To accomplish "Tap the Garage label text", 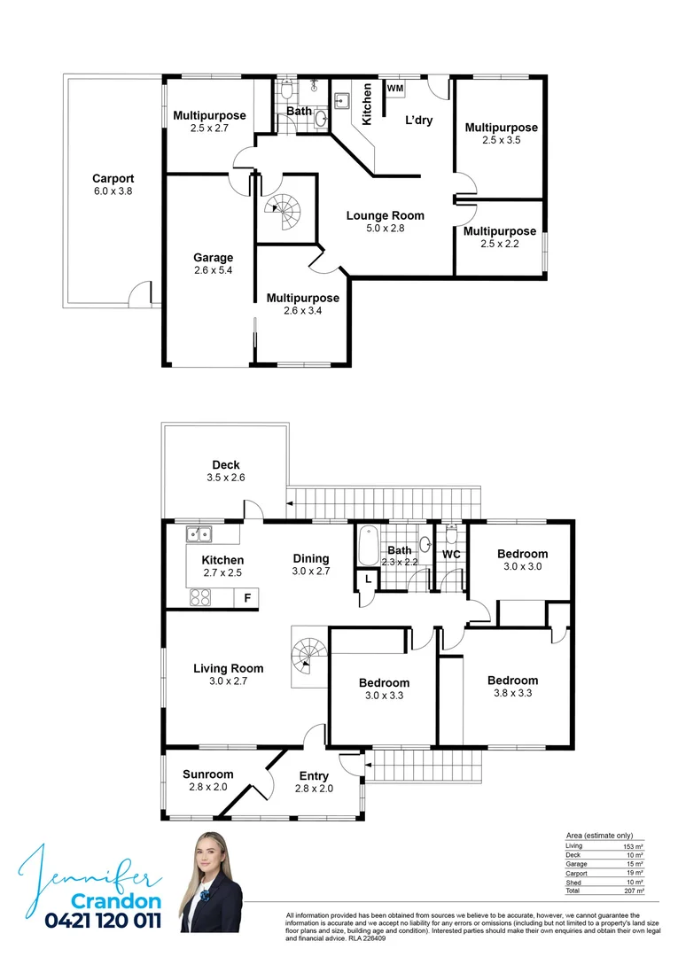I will tap(213, 258).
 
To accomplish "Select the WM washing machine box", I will tap(394, 89).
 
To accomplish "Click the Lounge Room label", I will tap(385, 215).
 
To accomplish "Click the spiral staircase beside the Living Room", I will tap(310, 657).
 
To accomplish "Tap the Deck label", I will tap(226, 465).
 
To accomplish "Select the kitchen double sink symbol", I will tap(199, 534).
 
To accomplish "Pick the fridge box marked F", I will tap(248, 599).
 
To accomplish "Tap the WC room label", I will tap(451, 555).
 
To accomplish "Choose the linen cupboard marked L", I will tap(367, 580).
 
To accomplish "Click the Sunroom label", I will tap(208, 774).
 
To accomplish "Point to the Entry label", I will tap(314, 776).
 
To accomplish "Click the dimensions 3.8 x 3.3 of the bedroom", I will tap(512, 694).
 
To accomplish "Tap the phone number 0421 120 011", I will tap(103, 922).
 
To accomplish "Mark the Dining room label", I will tap(311, 558).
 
